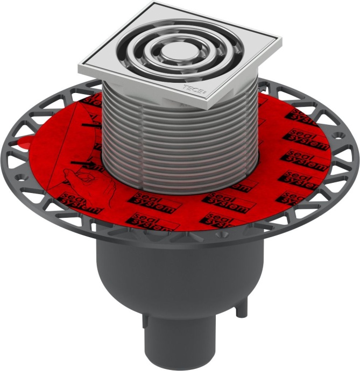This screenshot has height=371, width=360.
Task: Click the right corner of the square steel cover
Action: [x=278, y=41]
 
